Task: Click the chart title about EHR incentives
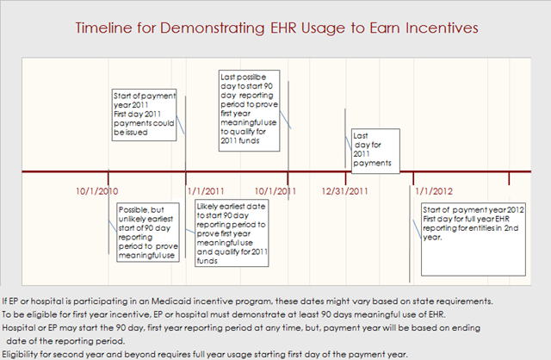pos(276,28)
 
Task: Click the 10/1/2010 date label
pos(97,191)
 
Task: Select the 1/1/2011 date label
pos(206,191)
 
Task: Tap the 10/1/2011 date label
pos(275,191)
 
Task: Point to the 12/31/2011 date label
pos(344,191)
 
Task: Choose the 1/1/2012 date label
pos(434,191)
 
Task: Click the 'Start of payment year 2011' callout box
pos(144,115)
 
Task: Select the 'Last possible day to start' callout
pos(249,111)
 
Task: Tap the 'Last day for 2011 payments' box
pos(375,152)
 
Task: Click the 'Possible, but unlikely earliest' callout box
pos(148,233)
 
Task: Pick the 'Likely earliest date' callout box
pos(232,233)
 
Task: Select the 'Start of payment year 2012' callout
pos(474,239)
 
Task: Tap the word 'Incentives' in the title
pos(442,28)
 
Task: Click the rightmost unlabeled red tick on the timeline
pos(509,178)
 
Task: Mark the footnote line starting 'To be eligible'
pos(224,314)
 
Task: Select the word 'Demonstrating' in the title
pos(213,28)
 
